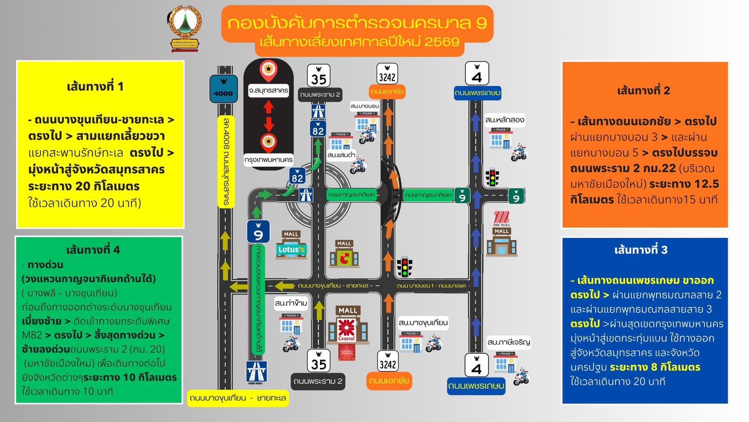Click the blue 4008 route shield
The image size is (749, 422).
click(x=223, y=89)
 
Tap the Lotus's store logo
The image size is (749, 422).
click(x=291, y=250)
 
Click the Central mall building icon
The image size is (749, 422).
click(x=347, y=330)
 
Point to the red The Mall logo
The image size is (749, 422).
click(x=501, y=218)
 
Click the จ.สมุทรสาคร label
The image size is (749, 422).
click(x=268, y=91)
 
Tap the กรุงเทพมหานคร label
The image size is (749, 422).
click(x=269, y=160)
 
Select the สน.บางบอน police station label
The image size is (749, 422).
click(x=364, y=106)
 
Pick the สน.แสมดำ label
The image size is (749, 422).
click(x=341, y=155)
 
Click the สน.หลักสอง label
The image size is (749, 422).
click(x=504, y=120)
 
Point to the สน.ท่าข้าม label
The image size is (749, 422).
click(x=291, y=303)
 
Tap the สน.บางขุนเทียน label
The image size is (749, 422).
click(x=423, y=323)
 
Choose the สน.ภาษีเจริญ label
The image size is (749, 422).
click(x=508, y=342)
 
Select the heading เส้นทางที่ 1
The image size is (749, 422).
click(x=95, y=86)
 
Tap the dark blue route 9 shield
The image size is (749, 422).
click(x=258, y=232)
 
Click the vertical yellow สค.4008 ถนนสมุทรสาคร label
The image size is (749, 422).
click(x=226, y=161)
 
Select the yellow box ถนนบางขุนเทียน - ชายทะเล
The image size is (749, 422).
click(x=238, y=398)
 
